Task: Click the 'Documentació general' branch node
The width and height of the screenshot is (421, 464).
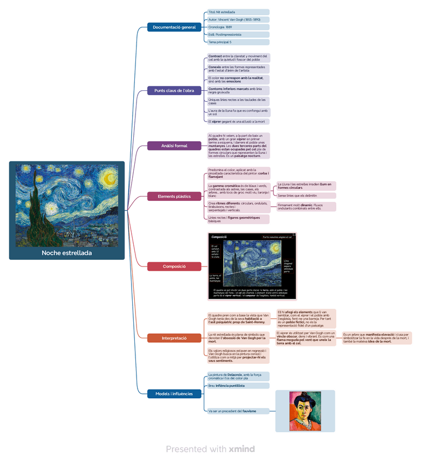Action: click(x=174, y=27)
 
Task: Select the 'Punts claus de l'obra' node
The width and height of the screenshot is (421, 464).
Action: click(x=174, y=91)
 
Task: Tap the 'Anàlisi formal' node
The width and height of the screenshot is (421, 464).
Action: click(x=174, y=146)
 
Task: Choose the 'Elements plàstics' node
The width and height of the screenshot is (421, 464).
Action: click(x=174, y=196)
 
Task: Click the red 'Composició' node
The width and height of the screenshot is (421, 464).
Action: click(x=174, y=266)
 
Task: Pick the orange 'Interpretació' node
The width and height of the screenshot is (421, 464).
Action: click(x=174, y=338)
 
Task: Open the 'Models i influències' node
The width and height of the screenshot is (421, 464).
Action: click(x=174, y=393)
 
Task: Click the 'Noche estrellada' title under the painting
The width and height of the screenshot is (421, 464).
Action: click(x=67, y=253)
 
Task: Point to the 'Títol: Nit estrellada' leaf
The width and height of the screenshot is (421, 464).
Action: click(x=238, y=12)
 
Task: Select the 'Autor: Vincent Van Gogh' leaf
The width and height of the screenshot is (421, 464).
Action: click(x=238, y=20)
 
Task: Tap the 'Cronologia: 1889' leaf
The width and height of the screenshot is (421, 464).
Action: click(x=238, y=27)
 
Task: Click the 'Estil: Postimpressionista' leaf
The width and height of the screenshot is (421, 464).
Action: click(x=238, y=34)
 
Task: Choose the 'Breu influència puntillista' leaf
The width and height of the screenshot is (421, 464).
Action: click(x=238, y=386)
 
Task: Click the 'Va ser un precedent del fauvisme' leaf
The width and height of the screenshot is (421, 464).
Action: click(x=238, y=411)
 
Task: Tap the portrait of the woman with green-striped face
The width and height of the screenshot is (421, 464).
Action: click(x=305, y=411)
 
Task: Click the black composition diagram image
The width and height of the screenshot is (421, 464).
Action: click(x=252, y=266)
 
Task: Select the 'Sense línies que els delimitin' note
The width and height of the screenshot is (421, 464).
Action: click(x=306, y=195)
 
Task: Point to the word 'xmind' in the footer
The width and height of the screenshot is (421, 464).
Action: click(x=241, y=449)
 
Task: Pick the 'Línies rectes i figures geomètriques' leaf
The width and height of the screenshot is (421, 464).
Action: click(x=238, y=219)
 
